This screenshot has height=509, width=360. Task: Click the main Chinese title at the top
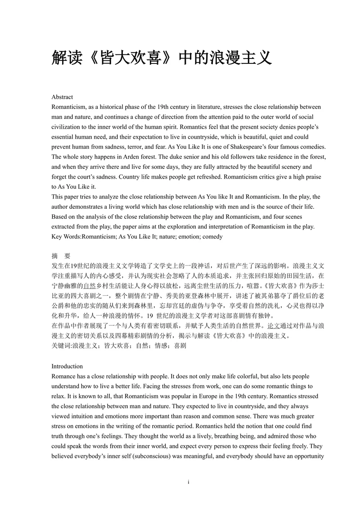point(162,58)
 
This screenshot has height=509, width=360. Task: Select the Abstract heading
point(62,97)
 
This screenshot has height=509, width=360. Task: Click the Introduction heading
point(67,366)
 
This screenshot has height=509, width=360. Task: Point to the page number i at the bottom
point(189,482)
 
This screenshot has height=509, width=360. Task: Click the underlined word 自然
point(90,285)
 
